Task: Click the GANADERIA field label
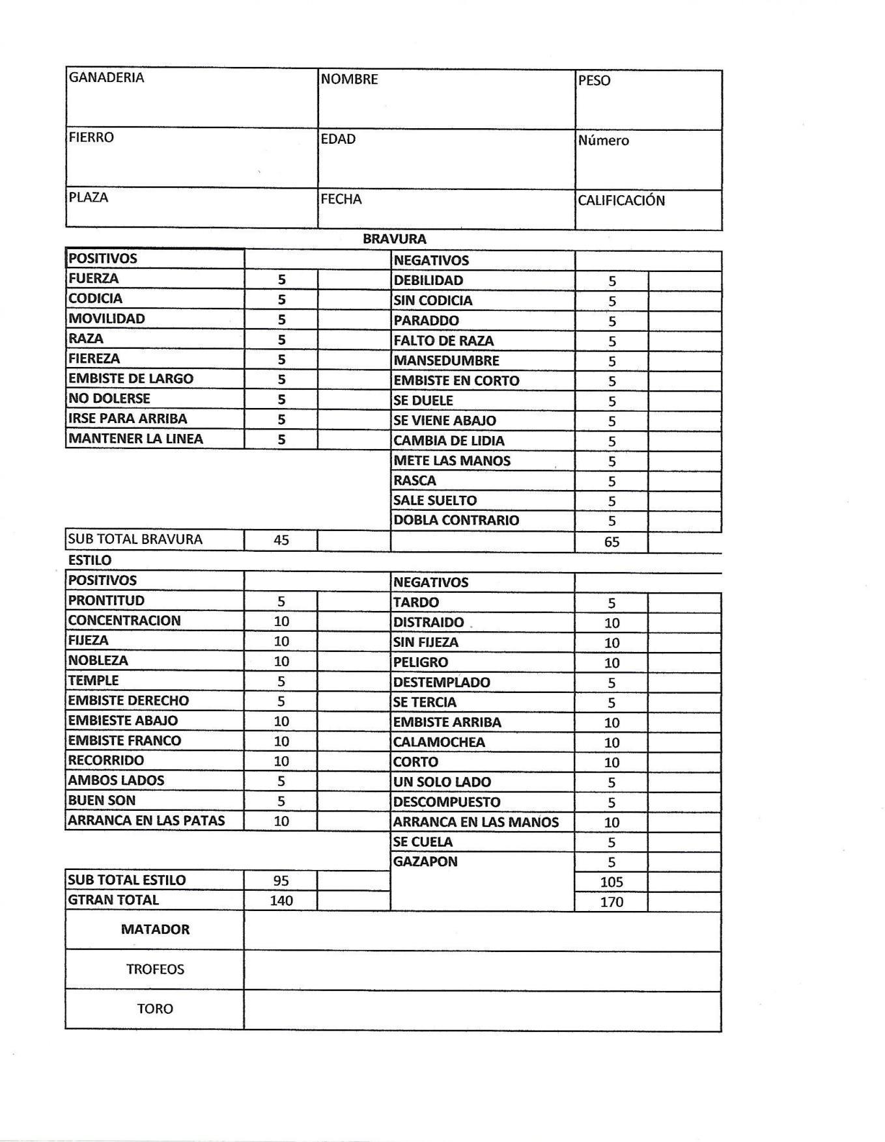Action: (x=106, y=77)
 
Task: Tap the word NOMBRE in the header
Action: (x=349, y=79)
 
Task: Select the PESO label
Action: (x=594, y=81)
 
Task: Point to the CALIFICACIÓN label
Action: (x=621, y=200)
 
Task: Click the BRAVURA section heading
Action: (x=394, y=239)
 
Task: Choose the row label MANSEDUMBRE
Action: (x=446, y=360)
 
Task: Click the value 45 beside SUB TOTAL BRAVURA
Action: (x=281, y=540)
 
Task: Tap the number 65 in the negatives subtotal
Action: (x=611, y=542)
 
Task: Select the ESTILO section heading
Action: (x=90, y=560)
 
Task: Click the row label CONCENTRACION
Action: (x=124, y=620)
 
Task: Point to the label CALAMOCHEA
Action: (x=439, y=742)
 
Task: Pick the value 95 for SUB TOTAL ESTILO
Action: (x=281, y=880)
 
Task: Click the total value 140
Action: (x=281, y=901)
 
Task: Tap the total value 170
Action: (x=611, y=902)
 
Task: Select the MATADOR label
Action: (x=155, y=929)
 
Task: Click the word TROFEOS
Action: (x=155, y=969)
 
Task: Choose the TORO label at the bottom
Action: (x=155, y=1009)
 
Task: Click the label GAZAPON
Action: (x=425, y=862)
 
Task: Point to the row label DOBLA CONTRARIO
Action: (x=456, y=520)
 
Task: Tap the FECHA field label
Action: (x=341, y=199)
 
